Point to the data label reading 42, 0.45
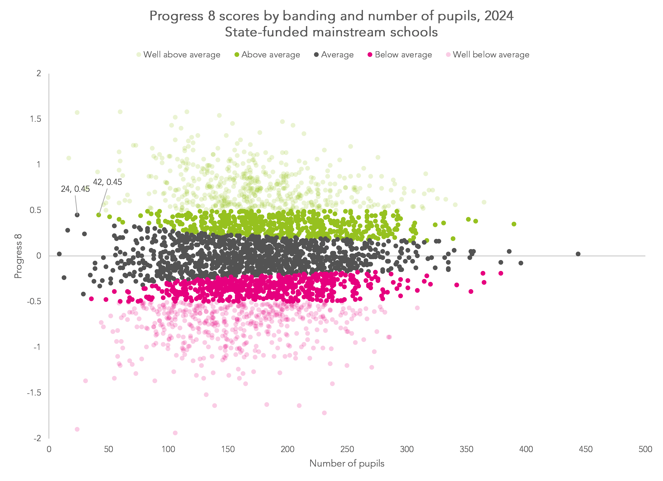pyautogui.click(x=107, y=182)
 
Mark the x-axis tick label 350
pyautogui.click(x=466, y=449)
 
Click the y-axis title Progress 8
pyautogui.click(x=18, y=256)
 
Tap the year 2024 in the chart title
pyautogui.click(x=499, y=16)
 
